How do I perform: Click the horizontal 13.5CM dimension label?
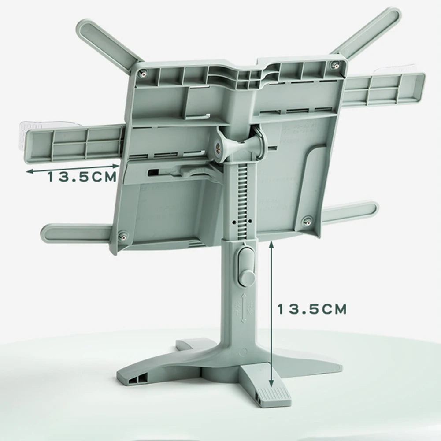pyautogui.click(x=82, y=177)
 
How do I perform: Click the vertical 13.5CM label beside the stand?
pyautogui.click(x=312, y=309)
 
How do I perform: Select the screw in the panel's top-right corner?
pyautogui.click(x=336, y=66)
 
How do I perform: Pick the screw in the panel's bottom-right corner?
pyautogui.click(x=308, y=219)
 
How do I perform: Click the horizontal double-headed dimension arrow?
pyautogui.click(x=73, y=168)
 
